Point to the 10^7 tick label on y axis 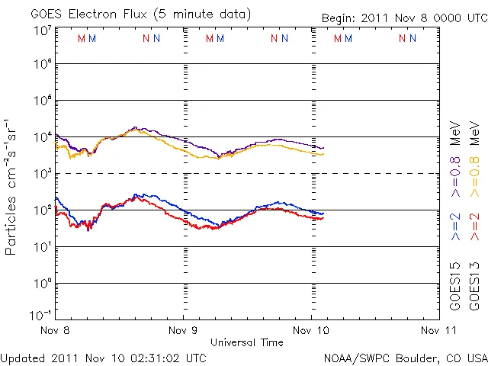coord(42,30)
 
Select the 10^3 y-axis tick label coord(42,174)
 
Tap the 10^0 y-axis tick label coord(42,284)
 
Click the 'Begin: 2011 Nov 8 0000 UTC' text coord(392,18)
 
